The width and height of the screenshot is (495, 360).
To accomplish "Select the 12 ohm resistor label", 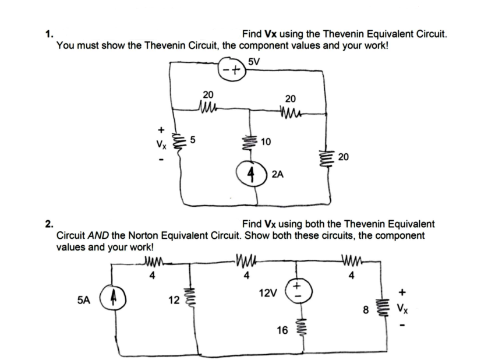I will point(173,301).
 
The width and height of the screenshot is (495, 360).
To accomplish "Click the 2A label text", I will point(278,174).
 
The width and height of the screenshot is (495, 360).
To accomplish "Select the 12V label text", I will point(268,291).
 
